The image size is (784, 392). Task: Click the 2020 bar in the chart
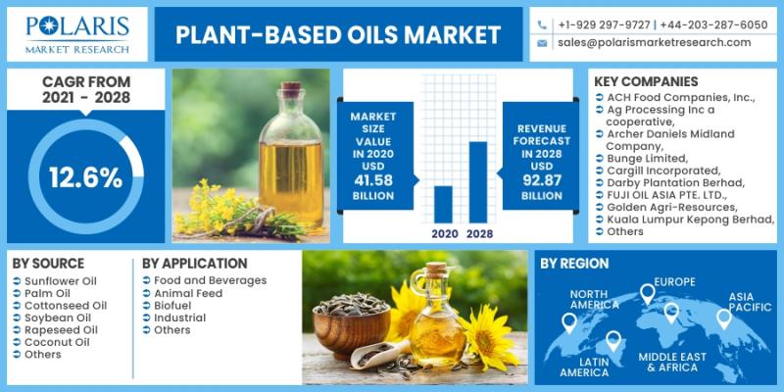pos(443,205)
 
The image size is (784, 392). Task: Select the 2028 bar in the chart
pos(478,182)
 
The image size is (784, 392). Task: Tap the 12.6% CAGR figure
pos(85,177)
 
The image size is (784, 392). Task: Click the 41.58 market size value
pos(373,180)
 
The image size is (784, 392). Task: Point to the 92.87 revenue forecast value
pos(542,180)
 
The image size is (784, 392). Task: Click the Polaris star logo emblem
pos(49,25)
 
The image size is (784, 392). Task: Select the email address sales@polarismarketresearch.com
pos(654,42)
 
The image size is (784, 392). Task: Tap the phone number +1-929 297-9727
pos(604,24)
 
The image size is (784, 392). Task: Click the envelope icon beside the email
pos(542,43)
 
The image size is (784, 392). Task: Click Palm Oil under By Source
pos(47,293)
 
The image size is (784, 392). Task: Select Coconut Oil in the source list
pos(57,342)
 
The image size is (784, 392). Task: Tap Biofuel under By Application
pos(172,306)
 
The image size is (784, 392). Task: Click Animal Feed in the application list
pos(188,293)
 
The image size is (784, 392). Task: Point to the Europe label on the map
pos(675,282)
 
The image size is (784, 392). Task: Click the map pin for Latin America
pos(613,341)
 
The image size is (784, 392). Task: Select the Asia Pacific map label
pos(750,302)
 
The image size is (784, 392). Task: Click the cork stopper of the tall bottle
pos(291,89)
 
